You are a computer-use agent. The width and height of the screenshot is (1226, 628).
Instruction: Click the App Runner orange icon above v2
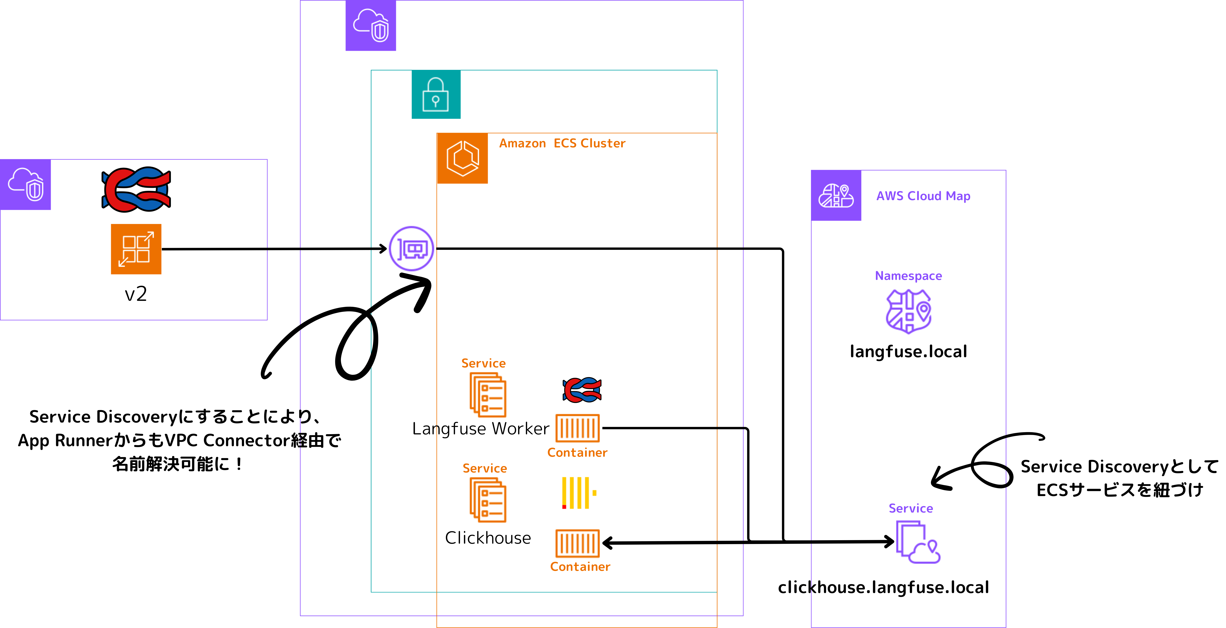(136, 249)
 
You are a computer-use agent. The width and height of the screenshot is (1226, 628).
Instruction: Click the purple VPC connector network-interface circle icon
(411, 249)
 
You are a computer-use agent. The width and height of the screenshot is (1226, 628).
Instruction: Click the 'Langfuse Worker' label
(481, 429)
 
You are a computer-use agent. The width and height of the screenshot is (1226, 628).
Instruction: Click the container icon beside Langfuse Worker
(577, 428)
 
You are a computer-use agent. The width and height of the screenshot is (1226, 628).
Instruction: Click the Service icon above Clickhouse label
(488, 500)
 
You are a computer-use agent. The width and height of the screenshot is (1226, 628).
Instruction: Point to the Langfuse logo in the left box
(136, 189)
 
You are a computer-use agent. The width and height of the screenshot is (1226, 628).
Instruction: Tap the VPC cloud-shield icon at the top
(371, 25)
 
